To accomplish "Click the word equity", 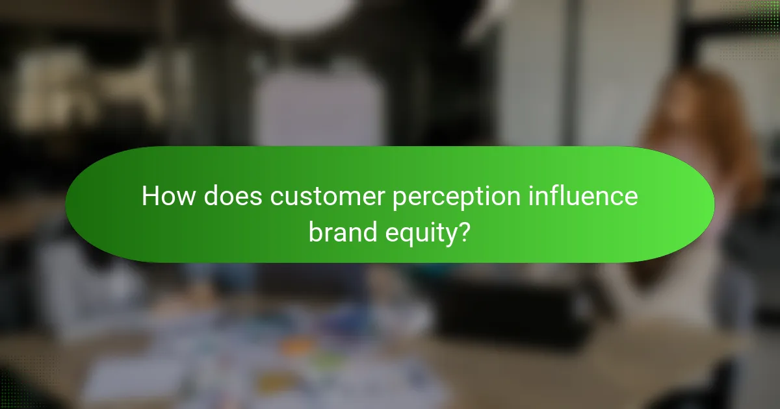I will tap(419, 232).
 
